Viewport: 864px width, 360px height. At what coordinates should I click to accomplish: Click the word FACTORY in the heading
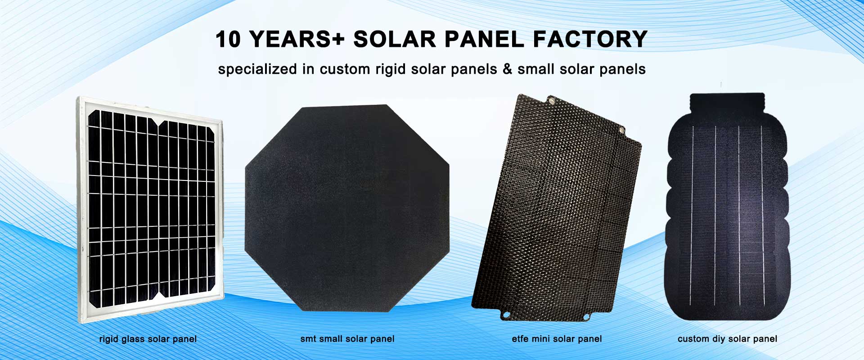tap(590, 39)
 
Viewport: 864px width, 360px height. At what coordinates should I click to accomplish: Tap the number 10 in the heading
tap(229, 39)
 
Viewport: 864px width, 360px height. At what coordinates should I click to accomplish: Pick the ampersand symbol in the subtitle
tap(508, 69)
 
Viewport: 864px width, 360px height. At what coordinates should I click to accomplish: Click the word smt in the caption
tap(308, 339)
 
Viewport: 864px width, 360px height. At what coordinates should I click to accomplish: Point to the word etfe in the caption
tap(520, 339)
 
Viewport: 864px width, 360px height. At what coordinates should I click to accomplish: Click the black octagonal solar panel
tap(347, 208)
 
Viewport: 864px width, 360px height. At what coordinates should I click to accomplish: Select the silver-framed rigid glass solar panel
tap(150, 210)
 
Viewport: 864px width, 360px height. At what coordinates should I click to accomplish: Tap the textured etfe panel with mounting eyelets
tap(557, 207)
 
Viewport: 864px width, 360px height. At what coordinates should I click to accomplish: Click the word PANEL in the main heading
tap(485, 39)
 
